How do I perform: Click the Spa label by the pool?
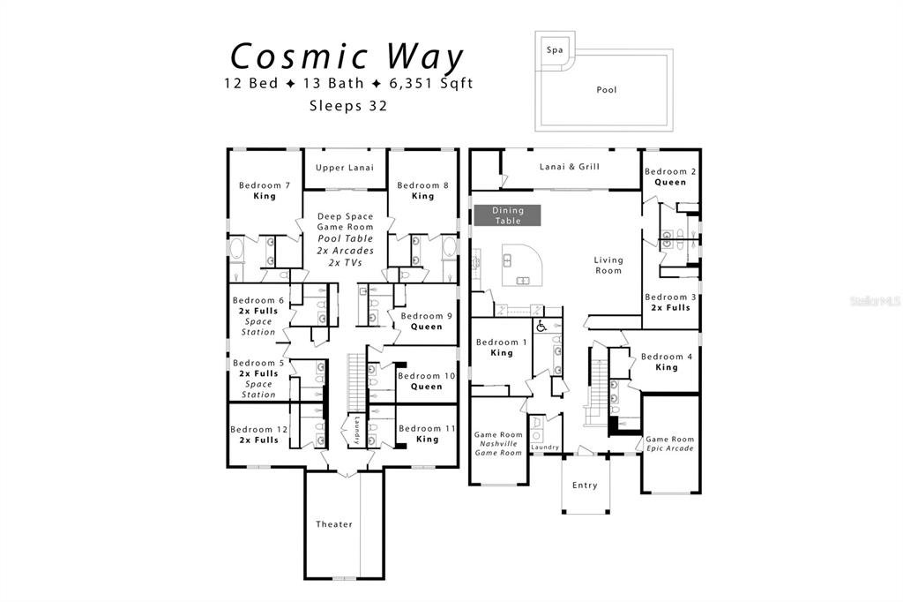pos(555,50)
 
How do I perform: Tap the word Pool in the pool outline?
pos(607,89)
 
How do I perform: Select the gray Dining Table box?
pos(507,215)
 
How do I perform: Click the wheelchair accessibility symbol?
pos(541,327)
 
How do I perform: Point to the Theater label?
pos(334,524)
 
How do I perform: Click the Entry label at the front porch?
pos(585,485)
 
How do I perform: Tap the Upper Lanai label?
pos(345,168)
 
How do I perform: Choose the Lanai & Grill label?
pos(570,167)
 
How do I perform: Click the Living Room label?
pos(608,265)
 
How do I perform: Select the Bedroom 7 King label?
pos(265,191)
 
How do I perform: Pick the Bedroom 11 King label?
pos(427,433)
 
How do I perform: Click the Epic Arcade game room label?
pos(670,443)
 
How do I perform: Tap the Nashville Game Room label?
pos(498,444)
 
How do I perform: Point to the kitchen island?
pos(521,265)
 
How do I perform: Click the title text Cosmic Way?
pos(347,56)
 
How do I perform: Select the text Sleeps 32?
pos(348,106)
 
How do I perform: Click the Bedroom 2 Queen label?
pos(670,177)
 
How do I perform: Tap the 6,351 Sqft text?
pos(431,84)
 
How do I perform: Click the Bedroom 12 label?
pos(258,430)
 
